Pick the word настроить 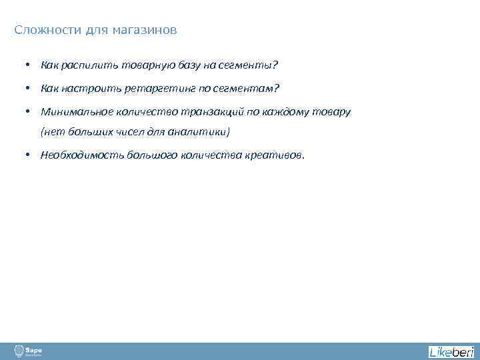(x=90, y=89)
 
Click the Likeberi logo (x=451, y=351)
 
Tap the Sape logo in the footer (x=27, y=351)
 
